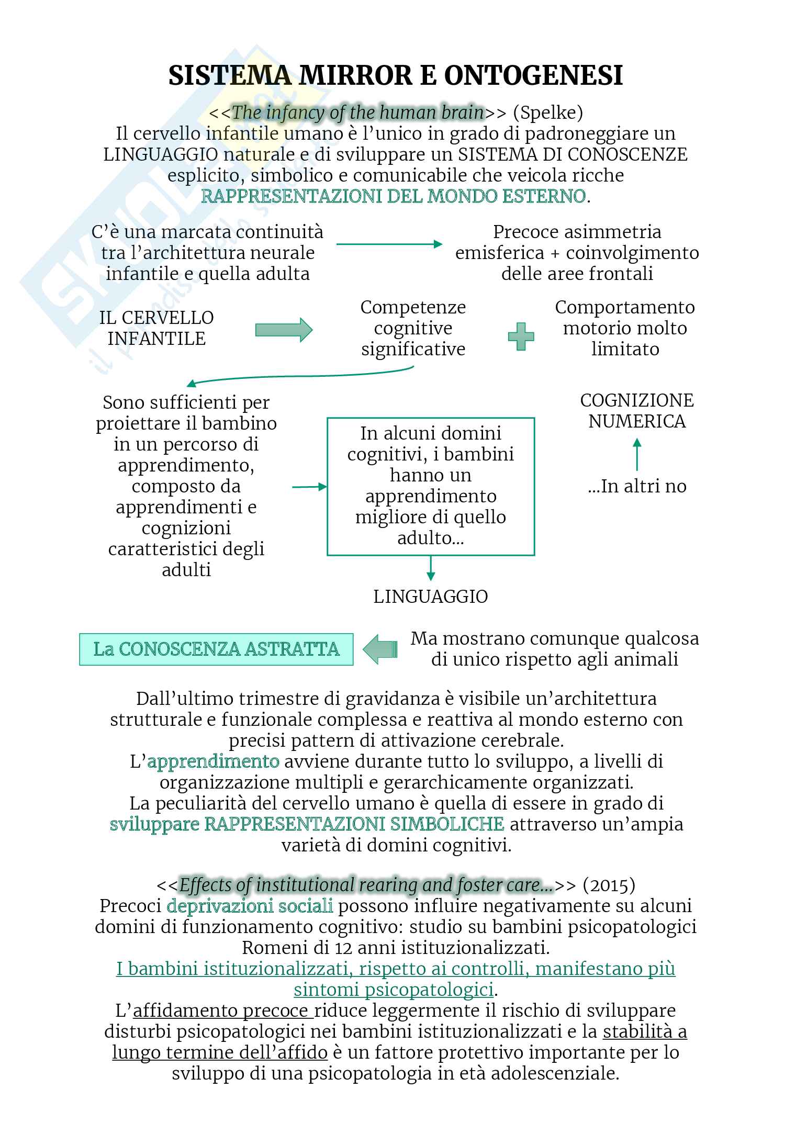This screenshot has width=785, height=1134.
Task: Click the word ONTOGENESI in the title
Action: (533, 75)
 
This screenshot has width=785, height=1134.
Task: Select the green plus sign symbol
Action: (521, 336)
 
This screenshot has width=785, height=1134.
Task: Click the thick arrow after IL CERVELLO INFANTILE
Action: (284, 330)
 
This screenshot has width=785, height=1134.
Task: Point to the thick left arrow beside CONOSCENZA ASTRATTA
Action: (380, 649)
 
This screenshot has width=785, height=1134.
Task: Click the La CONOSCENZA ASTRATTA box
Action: (216, 649)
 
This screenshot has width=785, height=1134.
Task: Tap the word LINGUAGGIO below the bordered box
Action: (430, 597)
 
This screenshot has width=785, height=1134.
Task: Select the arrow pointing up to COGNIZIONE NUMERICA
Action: (637, 454)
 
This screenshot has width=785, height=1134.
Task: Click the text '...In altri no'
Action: (637, 486)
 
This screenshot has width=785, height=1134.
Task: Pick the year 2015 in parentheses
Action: (609, 885)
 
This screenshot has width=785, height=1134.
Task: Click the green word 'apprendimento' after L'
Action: (213, 761)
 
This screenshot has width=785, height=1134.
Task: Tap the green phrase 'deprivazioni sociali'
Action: (250, 906)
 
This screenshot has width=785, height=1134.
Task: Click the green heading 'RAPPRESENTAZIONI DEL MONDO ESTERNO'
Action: (394, 196)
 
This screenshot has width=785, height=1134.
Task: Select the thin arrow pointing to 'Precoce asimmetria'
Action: (389, 244)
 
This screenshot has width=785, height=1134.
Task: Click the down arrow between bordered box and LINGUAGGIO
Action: (431, 568)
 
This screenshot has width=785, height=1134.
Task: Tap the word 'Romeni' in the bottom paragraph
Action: (270, 948)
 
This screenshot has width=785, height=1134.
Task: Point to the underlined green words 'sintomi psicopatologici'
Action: (394, 990)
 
